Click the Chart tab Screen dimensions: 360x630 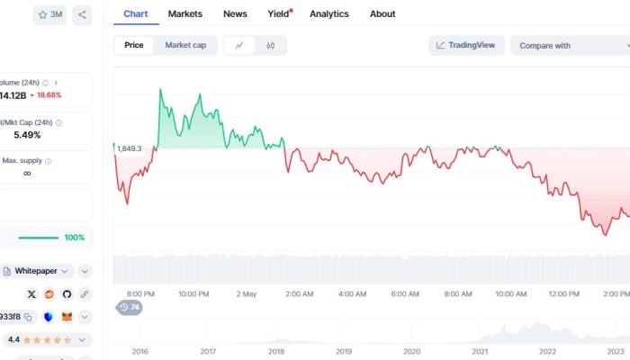(135, 13)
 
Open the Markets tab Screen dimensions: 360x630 (184, 13)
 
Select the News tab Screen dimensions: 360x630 (235, 13)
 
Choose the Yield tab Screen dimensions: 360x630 (279, 13)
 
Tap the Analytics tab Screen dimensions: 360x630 (329, 13)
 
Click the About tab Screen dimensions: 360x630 (382, 13)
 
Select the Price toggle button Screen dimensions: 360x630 (134, 45)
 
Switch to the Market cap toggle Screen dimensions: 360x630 (185, 45)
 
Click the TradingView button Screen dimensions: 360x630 (467, 45)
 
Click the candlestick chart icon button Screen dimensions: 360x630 (270, 45)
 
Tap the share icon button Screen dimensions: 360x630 (82, 14)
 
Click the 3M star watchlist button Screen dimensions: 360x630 (50, 14)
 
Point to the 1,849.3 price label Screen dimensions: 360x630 (130, 148)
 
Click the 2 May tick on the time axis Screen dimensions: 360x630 (246, 294)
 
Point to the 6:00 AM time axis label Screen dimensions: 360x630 (405, 294)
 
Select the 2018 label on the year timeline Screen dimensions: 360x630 (276, 351)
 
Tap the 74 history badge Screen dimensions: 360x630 (130, 308)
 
